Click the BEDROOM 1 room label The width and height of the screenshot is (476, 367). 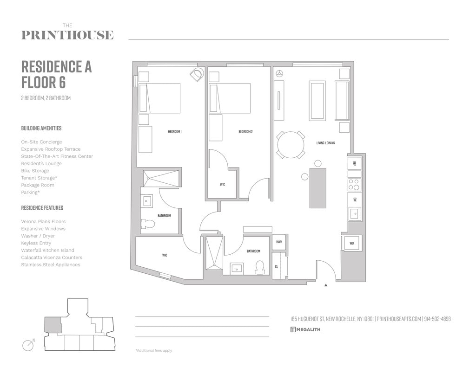[174, 132]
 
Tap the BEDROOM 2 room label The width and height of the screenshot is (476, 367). [245, 132]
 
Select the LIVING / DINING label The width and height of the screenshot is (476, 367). [325, 143]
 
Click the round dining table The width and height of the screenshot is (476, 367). [291, 145]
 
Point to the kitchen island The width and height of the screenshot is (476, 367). [317, 188]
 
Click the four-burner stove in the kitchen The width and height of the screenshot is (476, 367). [354, 185]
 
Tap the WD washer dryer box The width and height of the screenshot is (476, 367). [351, 243]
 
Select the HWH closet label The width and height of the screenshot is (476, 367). [279, 242]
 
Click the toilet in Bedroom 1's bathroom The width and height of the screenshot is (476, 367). [148, 224]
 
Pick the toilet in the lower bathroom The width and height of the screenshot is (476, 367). [259, 267]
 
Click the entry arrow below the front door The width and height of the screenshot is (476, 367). [326, 285]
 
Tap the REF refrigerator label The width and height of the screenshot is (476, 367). [354, 163]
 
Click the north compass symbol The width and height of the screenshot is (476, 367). [28, 345]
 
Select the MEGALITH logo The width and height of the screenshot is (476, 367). [305, 330]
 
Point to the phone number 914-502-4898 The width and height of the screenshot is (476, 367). [437, 319]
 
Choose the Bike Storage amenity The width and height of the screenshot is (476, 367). [35, 171]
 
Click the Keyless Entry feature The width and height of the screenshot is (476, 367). [36, 243]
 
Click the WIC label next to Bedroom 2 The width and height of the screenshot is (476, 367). [222, 185]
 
